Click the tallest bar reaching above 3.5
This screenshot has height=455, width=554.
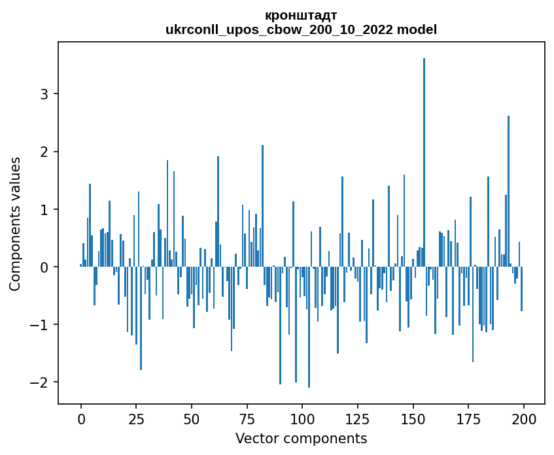click(424, 163)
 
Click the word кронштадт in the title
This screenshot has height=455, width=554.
click(301, 16)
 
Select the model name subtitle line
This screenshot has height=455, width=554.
click(301, 29)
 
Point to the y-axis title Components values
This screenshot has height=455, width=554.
click(15, 224)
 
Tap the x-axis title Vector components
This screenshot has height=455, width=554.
click(301, 438)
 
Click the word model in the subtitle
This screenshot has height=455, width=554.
click(419, 29)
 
